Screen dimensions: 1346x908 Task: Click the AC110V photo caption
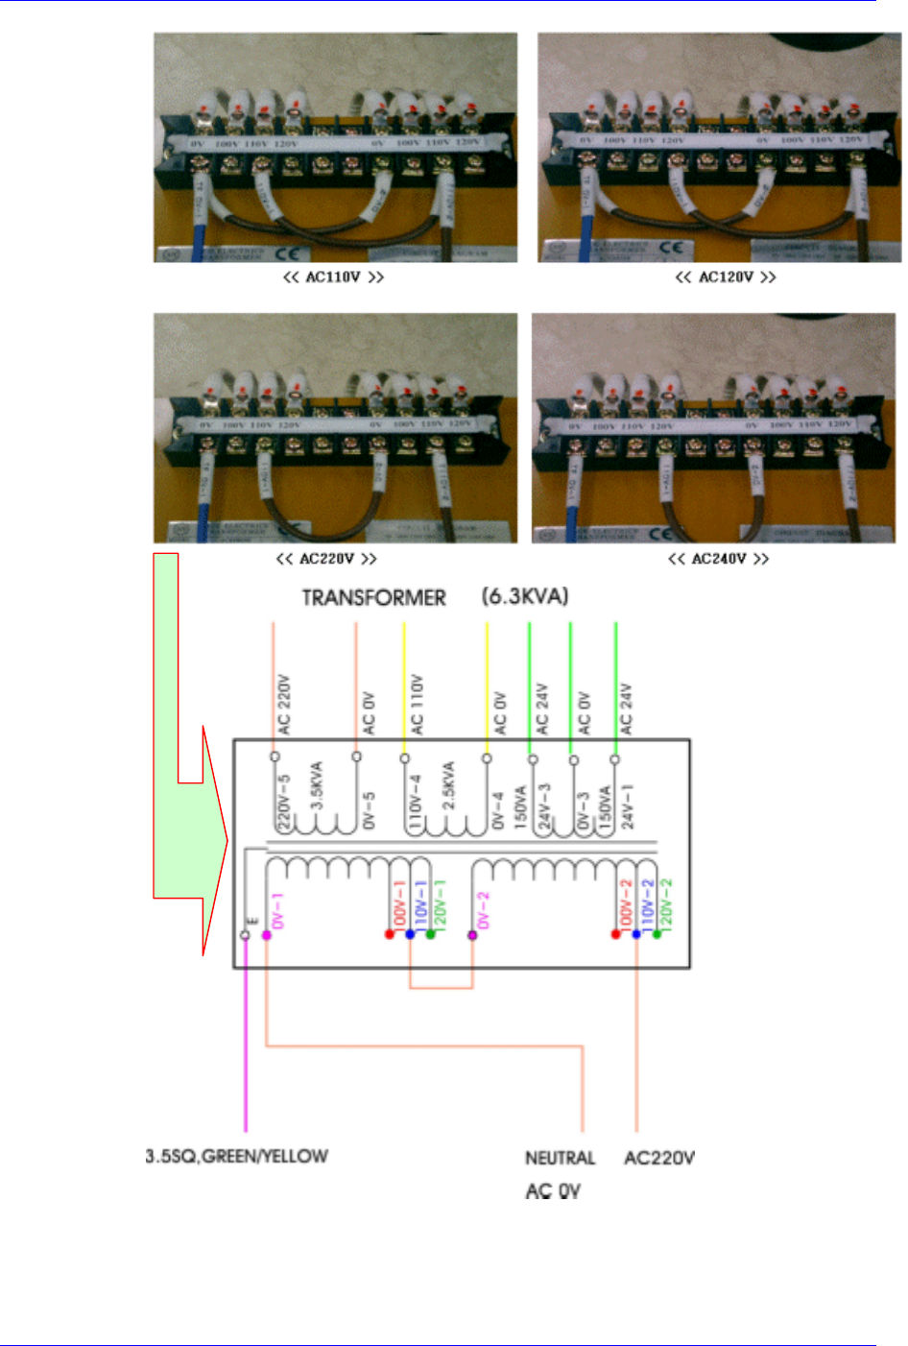pyautogui.click(x=334, y=277)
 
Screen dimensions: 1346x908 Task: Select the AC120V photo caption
pyautogui.click(x=726, y=277)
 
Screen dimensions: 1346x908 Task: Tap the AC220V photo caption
pyautogui.click(x=326, y=559)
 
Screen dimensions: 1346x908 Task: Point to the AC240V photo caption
pyautogui.click(x=718, y=559)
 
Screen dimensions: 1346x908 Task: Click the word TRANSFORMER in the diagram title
pyautogui.click(x=374, y=598)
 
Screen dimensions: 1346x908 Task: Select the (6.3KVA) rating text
pyautogui.click(x=525, y=596)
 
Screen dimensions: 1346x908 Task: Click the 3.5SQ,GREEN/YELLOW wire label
pyautogui.click(x=237, y=1156)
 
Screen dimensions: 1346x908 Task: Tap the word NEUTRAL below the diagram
pyautogui.click(x=561, y=1158)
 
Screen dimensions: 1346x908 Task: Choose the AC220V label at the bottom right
pyautogui.click(x=659, y=1158)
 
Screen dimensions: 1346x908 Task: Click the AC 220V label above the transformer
pyautogui.click(x=284, y=705)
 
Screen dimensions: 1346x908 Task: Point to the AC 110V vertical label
pyautogui.click(x=418, y=705)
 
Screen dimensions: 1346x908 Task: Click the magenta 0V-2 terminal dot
pyautogui.click(x=472, y=934)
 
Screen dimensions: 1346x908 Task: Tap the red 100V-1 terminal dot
pyautogui.click(x=390, y=934)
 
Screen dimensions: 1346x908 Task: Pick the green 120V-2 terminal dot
pyautogui.click(x=657, y=934)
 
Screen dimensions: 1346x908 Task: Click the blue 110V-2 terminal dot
pyautogui.click(x=636, y=934)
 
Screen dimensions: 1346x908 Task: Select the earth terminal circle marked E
pyautogui.click(x=245, y=935)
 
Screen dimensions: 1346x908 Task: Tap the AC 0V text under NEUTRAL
pyautogui.click(x=553, y=1191)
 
